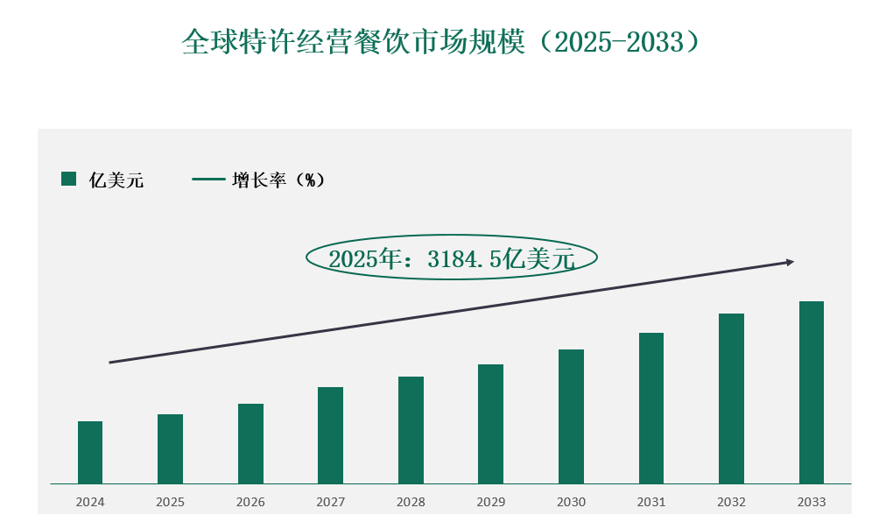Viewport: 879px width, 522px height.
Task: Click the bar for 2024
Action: pyautogui.click(x=90, y=452)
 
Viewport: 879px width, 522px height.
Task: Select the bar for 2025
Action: pyautogui.click(x=170, y=448)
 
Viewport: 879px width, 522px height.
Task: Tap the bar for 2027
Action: pyautogui.click(x=330, y=435)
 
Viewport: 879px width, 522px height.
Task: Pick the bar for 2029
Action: pyautogui.click(x=490, y=424)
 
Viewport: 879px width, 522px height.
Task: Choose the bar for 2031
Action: pyautogui.click(x=650, y=408)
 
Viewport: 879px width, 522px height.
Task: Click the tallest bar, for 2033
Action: pyautogui.click(x=811, y=392)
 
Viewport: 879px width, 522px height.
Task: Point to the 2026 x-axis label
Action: pyautogui.click(x=250, y=503)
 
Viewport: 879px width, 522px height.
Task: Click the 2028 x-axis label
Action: pyautogui.click(x=411, y=503)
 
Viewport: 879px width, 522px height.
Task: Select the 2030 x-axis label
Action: pyautogui.click(x=571, y=503)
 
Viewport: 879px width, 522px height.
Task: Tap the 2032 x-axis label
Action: pyautogui.click(x=731, y=503)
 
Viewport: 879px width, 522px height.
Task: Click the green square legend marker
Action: pyautogui.click(x=68, y=180)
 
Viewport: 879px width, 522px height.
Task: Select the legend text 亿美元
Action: pyautogui.click(x=116, y=180)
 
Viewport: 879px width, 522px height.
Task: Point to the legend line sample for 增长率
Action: pyautogui.click(x=208, y=180)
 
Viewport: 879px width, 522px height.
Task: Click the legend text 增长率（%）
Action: pyautogui.click(x=278, y=180)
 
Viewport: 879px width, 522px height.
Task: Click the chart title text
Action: pyautogui.click(x=440, y=41)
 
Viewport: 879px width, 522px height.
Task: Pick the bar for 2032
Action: pyautogui.click(x=731, y=399)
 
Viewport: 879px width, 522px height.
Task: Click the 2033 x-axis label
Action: pyautogui.click(x=811, y=503)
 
